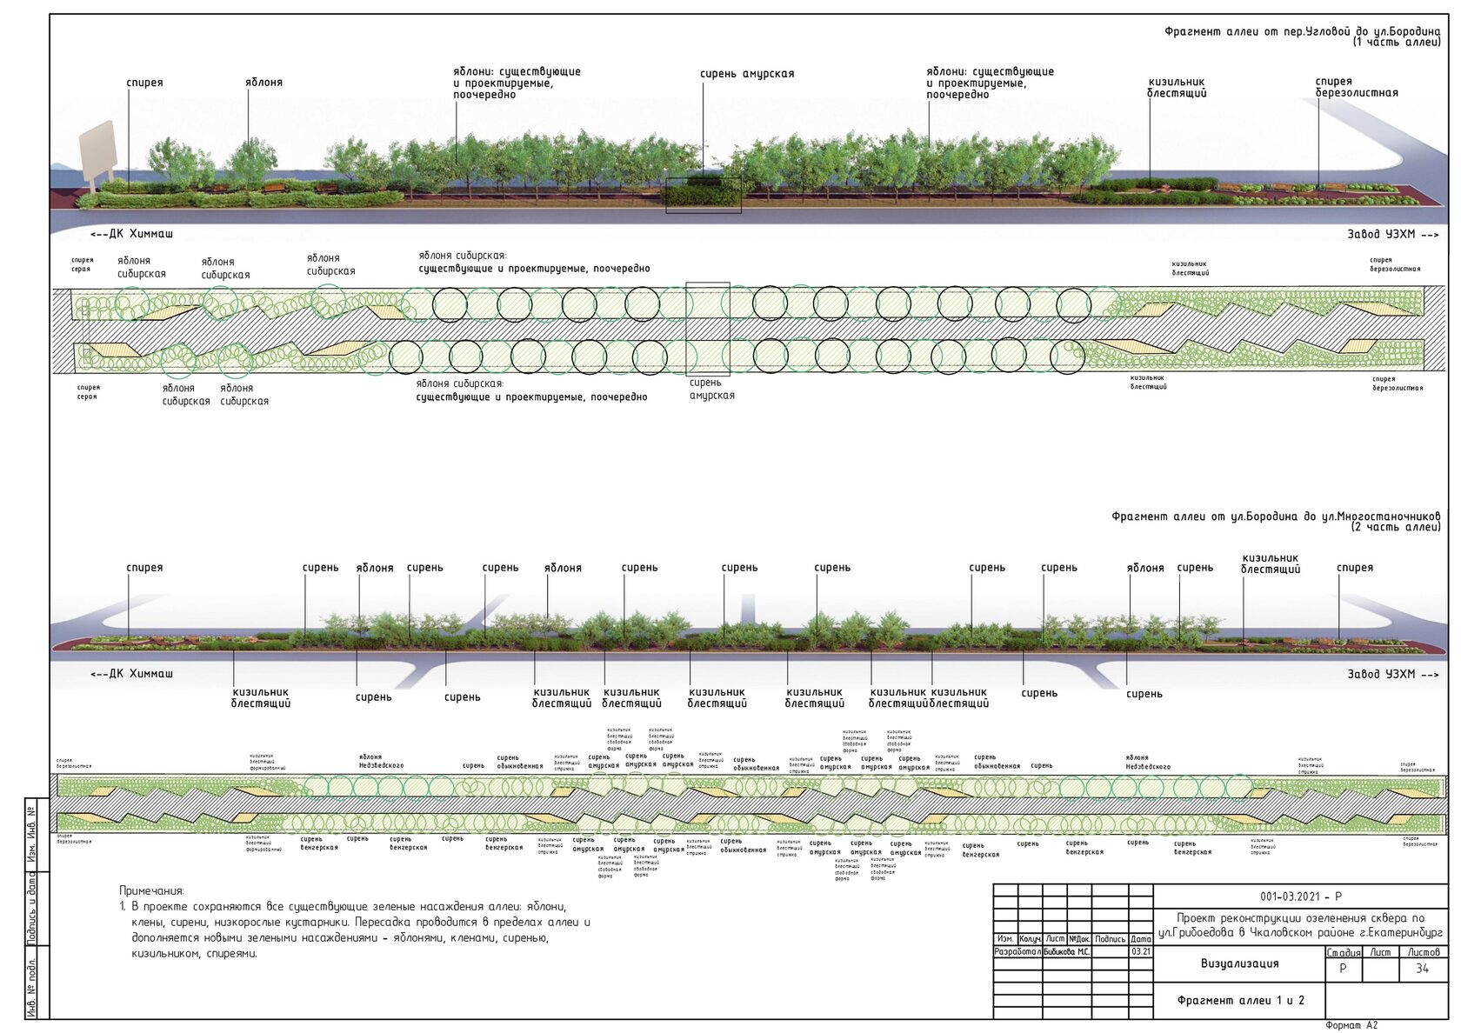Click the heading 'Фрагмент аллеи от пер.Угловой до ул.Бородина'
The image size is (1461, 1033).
coord(1302,32)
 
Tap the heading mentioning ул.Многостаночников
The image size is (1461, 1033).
coord(1275,516)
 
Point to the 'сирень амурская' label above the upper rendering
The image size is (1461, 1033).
coord(747,74)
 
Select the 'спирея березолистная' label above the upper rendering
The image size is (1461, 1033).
coord(1356,87)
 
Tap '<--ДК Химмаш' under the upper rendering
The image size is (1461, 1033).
coord(131,234)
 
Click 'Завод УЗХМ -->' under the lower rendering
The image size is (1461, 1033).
coord(1392,674)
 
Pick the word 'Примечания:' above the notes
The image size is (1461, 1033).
coord(151,890)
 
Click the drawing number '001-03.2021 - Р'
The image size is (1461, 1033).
coord(1300,896)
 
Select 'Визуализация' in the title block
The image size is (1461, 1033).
coord(1239,963)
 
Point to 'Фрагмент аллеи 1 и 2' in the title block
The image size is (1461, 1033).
coord(1240,1000)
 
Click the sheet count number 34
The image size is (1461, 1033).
coord(1422,969)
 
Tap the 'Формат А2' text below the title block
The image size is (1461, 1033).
coord(1351,1025)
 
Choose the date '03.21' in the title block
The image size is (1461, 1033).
coord(1140,951)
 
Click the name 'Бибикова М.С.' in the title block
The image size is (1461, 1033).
coord(1066,951)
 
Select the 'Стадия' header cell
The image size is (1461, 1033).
coord(1344,952)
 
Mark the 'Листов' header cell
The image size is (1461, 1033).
coord(1424,952)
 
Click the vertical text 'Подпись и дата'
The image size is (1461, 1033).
coord(31,909)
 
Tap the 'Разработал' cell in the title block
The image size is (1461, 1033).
coord(1017,951)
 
